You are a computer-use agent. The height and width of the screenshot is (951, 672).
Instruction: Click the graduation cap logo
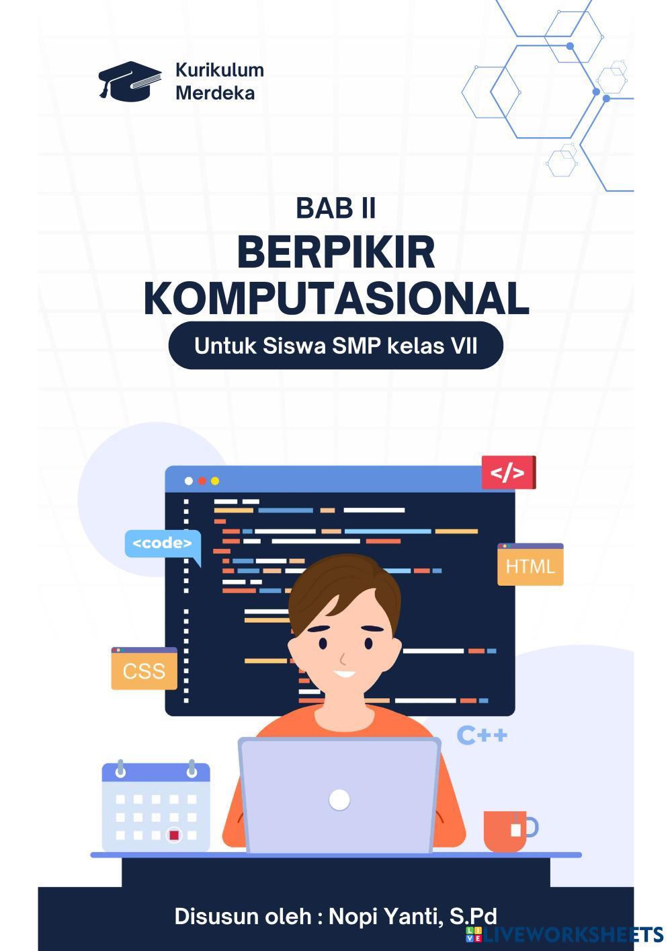[130, 81]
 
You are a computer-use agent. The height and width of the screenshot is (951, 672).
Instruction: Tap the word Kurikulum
[219, 70]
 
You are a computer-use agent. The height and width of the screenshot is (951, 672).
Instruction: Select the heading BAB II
[335, 208]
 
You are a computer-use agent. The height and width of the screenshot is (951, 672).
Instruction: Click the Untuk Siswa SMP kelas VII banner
[335, 345]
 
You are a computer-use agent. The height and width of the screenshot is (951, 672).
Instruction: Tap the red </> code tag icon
[508, 472]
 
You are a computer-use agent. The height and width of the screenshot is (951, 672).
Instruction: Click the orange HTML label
[530, 564]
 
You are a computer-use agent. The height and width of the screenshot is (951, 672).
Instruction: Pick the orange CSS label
[144, 669]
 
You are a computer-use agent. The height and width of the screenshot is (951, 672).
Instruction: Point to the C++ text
[482, 735]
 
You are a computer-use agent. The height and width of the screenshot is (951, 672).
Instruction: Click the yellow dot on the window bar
[215, 481]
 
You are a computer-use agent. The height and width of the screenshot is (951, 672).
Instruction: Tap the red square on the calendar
[174, 835]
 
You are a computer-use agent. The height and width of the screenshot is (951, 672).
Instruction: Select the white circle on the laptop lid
[339, 800]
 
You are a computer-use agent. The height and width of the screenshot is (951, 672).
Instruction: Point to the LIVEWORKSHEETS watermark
[564, 934]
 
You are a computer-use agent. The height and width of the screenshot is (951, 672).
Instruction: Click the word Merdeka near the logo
[215, 93]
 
